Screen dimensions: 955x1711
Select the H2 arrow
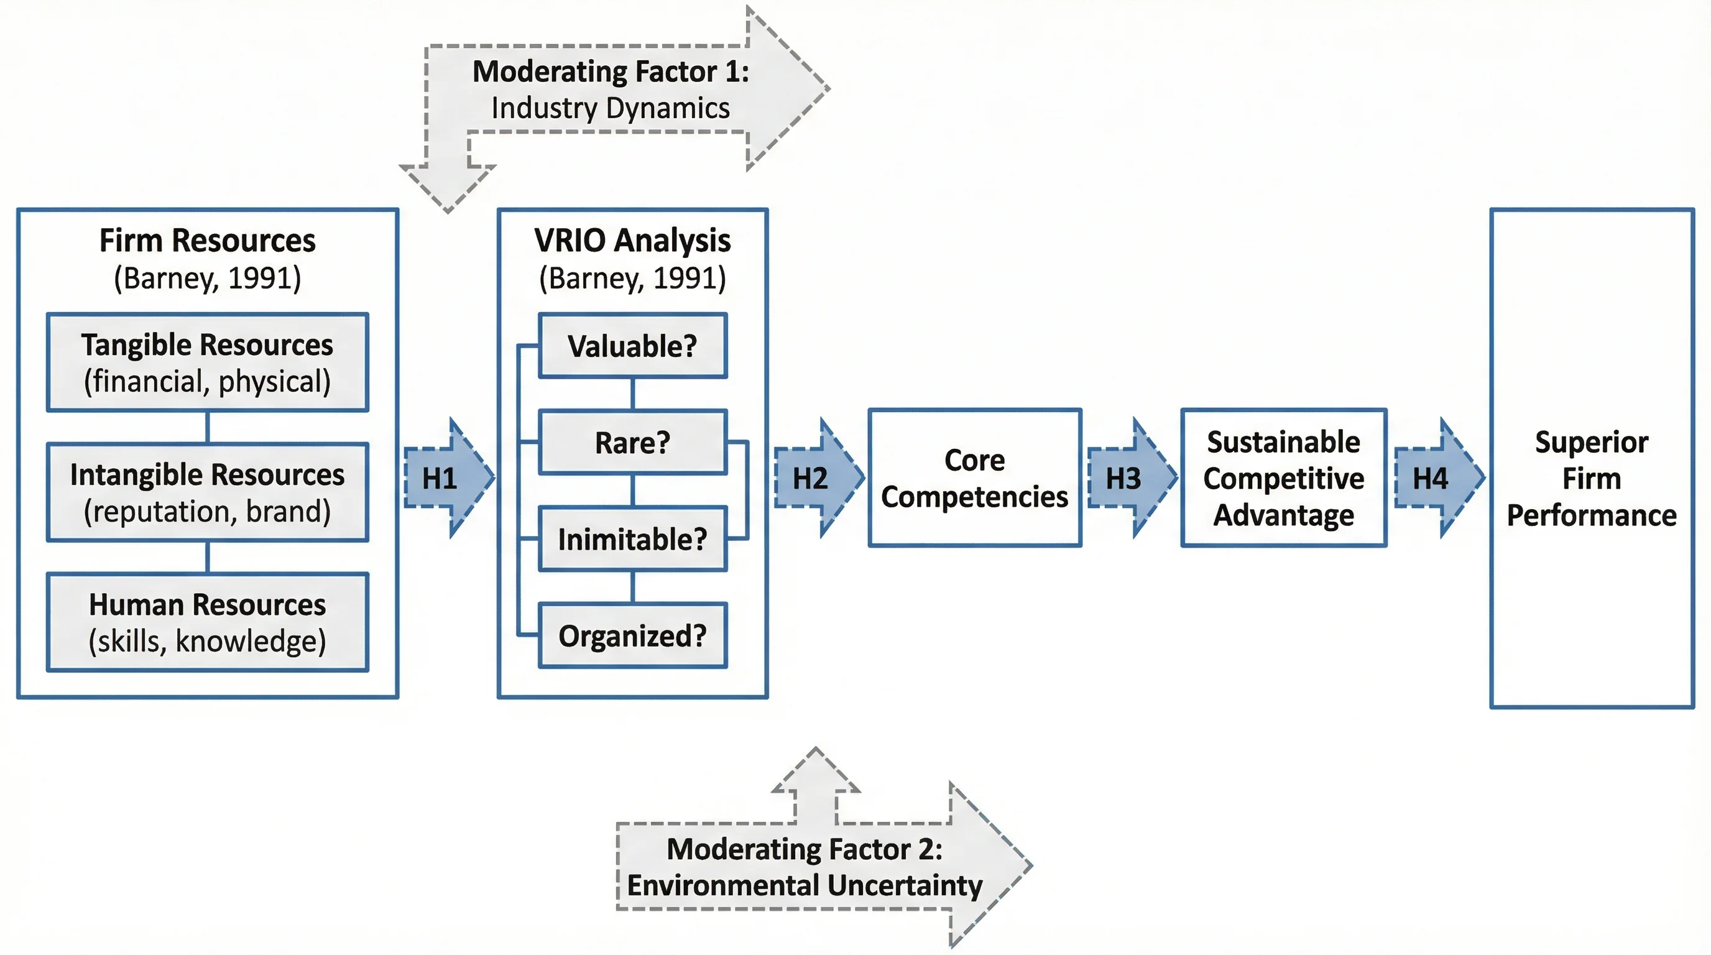click(x=816, y=478)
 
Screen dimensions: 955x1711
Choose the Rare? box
click(x=632, y=442)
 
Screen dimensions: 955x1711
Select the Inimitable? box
click(x=632, y=538)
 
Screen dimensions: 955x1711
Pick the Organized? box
click(x=632, y=635)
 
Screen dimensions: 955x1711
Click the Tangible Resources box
click(x=207, y=362)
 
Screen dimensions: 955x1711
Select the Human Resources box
click(x=207, y=622)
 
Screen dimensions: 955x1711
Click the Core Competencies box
click(x=974, y=478)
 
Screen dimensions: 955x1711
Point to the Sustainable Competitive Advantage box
click(x=1283, y=478)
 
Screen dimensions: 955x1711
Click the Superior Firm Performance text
click(x=1592, y=478)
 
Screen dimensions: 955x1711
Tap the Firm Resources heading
click(x=207, y=241)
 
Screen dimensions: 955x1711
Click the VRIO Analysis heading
click(x=632, y=241)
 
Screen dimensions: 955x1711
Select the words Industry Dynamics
click(x=610, y=108)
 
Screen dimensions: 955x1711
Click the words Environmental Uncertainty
click(x=805, y=885)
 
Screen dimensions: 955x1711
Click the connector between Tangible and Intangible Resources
click(x=207, y=428)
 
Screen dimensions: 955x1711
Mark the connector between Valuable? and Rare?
click(x=632, y=394)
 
